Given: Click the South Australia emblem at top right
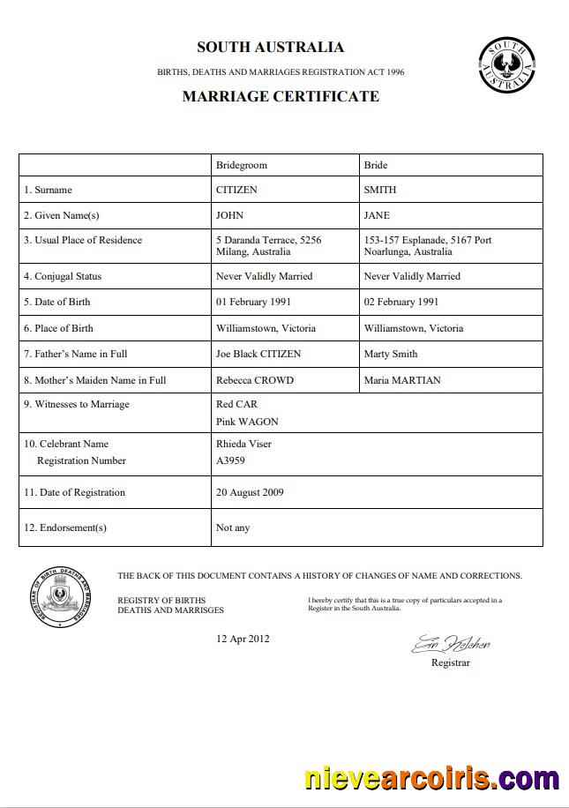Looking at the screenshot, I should click(506, 64).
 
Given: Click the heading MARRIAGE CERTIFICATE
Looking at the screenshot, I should click(281, 97).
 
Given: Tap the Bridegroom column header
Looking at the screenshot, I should click(242, 165).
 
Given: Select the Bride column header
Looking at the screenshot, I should click(376, 165).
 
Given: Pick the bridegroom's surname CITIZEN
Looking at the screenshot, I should click(237, 190).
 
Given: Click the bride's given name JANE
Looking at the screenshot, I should click(377, 215).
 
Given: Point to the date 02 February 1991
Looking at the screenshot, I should click(401, 302).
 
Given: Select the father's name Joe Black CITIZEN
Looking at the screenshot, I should click(258, 354).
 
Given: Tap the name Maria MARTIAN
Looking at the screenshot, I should click(402, 380).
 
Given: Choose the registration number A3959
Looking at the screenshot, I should click(230, 460).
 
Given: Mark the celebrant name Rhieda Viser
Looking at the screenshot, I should click(244, 444).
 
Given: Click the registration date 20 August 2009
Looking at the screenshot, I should click(250, 492).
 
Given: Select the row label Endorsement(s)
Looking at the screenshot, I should click(65, 527).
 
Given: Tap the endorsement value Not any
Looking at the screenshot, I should click(233, 527).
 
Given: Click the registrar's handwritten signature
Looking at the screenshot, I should click(451, 644).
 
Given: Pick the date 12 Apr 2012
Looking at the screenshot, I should click(243, 639).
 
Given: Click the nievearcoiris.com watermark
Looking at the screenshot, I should click(431, 779).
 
